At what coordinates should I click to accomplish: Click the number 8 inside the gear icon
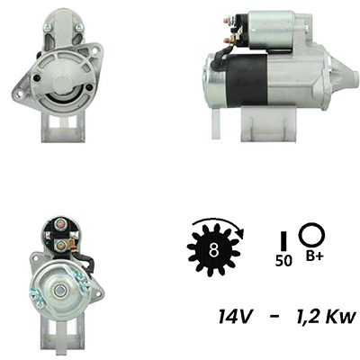click(213, 249)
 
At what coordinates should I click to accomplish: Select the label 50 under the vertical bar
click(283, 261)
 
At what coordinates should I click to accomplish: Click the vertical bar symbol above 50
click(283, 240)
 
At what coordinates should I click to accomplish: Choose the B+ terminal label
click(315, 256)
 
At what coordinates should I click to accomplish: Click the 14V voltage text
click(234, 316)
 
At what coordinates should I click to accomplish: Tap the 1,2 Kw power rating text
click(326, 316)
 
